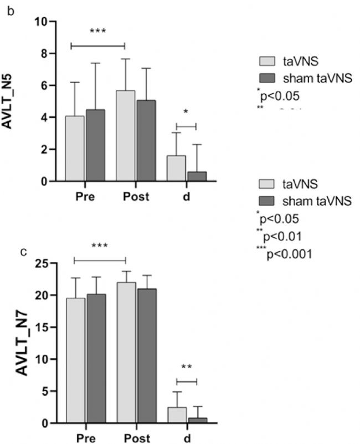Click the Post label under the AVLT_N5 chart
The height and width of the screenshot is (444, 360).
coord(136,197)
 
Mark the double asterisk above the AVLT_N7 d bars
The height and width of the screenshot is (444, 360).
coord(186,367)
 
